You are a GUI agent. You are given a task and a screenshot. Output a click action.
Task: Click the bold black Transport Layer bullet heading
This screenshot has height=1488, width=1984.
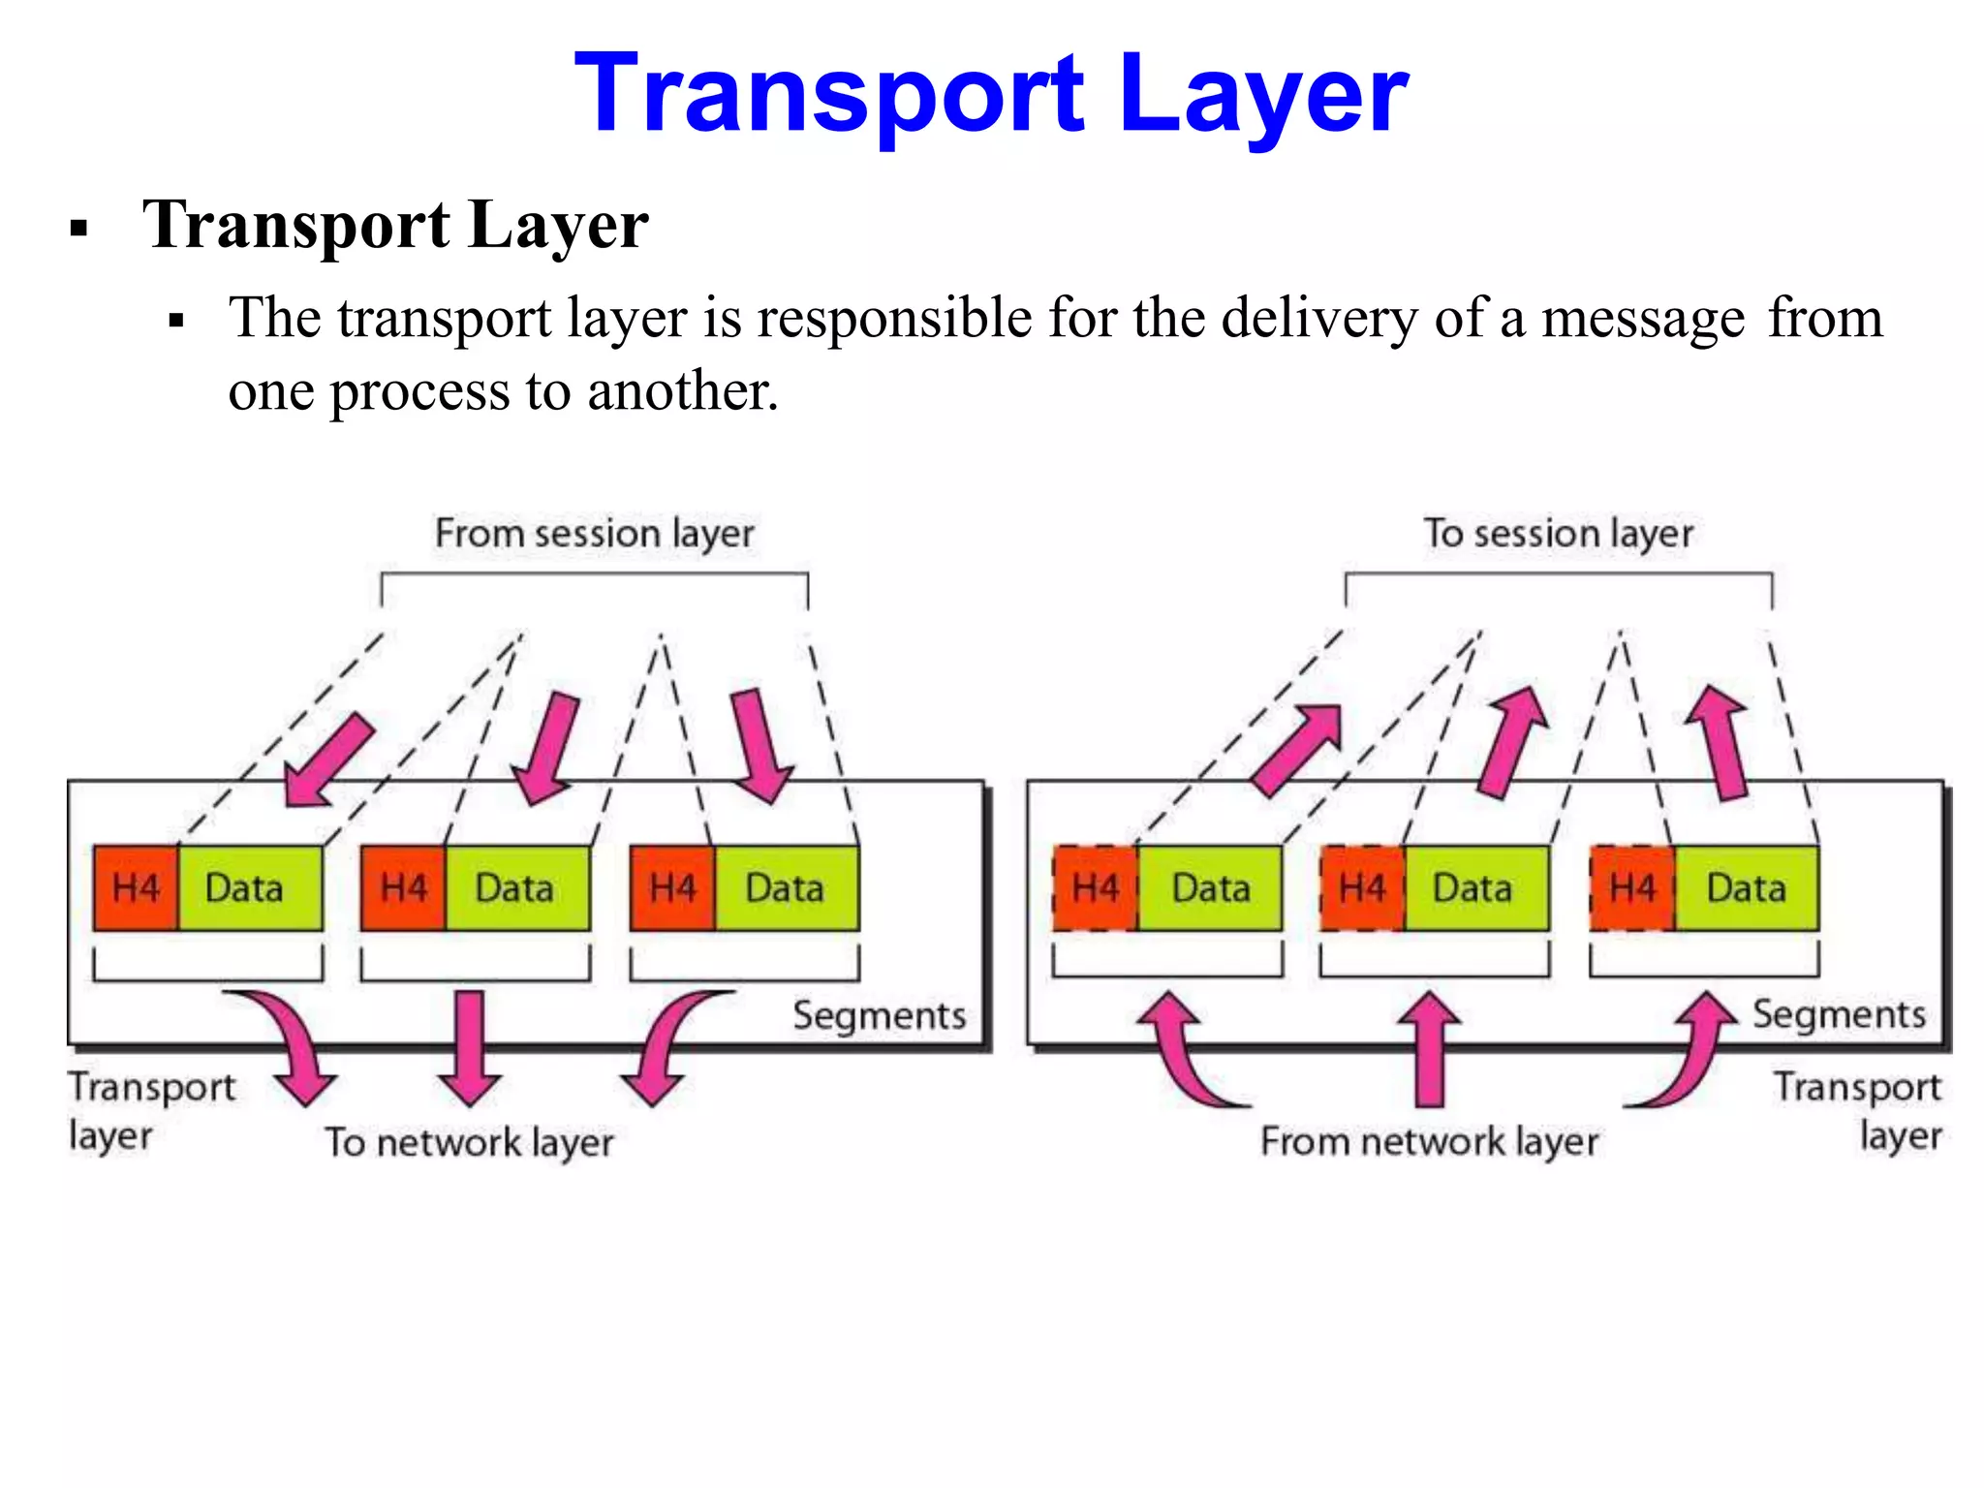pos(394,225)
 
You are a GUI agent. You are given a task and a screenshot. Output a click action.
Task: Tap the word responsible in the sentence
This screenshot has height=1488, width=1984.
pos(893,318)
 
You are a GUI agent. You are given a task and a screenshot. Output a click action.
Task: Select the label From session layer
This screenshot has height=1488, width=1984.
pos(594,534)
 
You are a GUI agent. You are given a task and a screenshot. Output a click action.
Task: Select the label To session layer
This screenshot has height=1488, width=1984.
pos(1558,534)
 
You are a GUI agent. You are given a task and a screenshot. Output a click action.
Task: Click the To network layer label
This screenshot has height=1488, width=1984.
pos(469,1142)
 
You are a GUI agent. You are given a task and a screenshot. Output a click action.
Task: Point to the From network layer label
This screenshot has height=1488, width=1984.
pos(1429,1141)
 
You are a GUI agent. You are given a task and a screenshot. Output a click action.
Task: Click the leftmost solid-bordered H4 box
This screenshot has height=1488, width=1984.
pos(136,888)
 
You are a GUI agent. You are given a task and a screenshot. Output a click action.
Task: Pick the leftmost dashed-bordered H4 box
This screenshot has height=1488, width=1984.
pos(1095,888)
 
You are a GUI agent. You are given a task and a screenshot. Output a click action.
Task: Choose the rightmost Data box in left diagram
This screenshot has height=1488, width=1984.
pos(786,888)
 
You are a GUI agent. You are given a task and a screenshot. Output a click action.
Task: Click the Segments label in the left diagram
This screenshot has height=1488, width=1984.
pos(879,1015)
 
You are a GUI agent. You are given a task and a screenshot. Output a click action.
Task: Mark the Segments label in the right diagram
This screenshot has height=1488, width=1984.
pos(1838,1014)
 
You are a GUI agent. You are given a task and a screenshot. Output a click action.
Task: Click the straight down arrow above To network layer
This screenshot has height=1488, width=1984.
pos(469,1046)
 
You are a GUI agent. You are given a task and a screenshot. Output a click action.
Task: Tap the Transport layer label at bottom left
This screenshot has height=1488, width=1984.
pos(150,1110)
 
